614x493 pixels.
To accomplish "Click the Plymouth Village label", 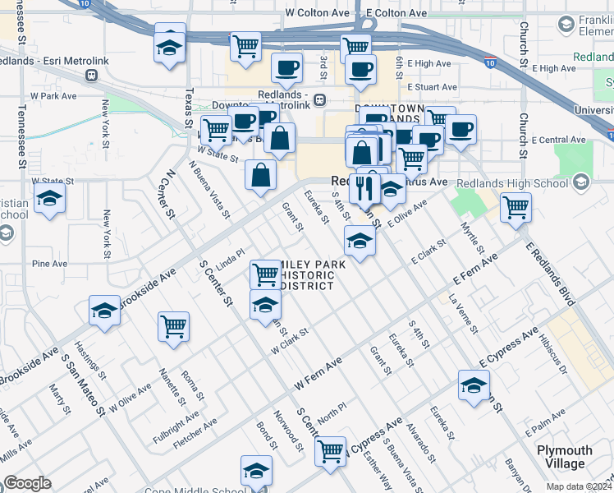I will click(564, 457).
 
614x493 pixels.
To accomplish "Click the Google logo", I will click(27, 483).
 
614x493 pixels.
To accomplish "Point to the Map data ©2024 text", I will click(578, 486).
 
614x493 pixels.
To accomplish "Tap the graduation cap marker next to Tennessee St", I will click(49, 200).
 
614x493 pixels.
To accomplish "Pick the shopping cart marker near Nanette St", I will click(174, 326).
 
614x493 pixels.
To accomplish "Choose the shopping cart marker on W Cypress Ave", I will click(330, 449).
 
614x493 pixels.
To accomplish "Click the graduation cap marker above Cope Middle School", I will click(256, 471).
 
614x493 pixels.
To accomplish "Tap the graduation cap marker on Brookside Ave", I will click(103, 311).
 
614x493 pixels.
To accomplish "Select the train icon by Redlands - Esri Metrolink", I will click(90, 75).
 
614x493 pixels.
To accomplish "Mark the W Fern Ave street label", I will click(318, 373).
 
